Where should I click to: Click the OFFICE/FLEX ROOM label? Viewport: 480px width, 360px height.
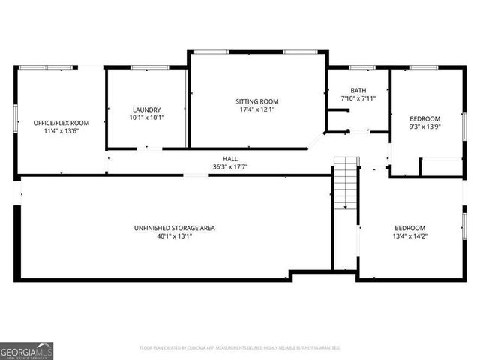pos(61,122)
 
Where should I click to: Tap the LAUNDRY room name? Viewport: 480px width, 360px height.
pos(147,109)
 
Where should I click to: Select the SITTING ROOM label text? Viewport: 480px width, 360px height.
pos(257,100)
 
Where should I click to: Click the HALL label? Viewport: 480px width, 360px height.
pos(230,159)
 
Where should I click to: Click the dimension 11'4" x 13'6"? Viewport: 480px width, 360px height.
pos(61,130)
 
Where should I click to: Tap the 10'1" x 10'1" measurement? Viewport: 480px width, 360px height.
pos(147,117)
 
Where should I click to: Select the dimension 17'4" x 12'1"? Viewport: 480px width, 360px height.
pos(257,109)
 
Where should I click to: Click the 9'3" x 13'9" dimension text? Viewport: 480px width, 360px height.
pos(424,127)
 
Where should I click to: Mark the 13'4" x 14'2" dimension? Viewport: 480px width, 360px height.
pos(410,236)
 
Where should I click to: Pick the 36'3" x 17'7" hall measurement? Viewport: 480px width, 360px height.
pos(230,167)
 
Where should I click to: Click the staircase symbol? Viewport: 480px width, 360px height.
pos(346,184)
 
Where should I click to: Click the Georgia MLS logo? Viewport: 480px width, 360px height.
pos(27,351)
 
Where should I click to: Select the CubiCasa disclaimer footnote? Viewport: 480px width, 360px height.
pos(240,348)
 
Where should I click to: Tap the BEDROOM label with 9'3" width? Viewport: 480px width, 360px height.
pos(424,118)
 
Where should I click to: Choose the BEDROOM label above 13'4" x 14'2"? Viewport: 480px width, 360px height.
pos(410,228)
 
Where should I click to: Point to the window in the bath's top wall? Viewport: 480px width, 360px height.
pos(361,68)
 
